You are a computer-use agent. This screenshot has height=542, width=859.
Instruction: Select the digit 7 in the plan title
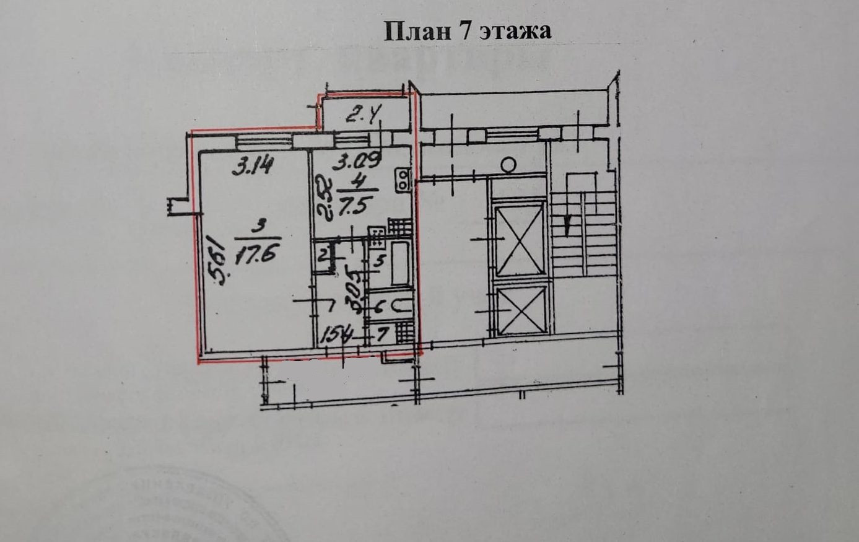tap(466, 31)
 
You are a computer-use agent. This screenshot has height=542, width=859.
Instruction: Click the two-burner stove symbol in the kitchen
tap(403, 180)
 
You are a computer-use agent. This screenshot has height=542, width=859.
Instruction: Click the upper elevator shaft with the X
tap(520, 238)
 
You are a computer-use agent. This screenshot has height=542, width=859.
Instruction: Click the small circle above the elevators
tap(508, 164)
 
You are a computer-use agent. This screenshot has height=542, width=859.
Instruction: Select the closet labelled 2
tap(323, 255)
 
